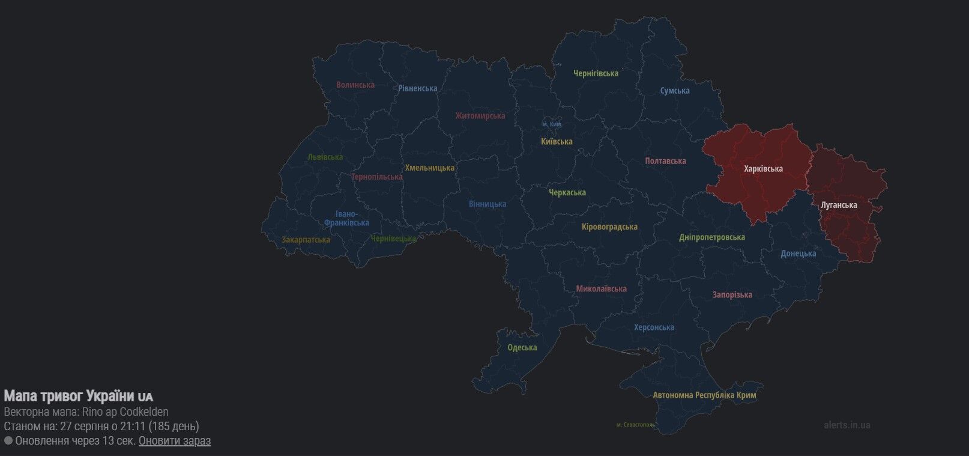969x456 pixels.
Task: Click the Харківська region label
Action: click(763, 169)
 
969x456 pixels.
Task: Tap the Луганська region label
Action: click(839, 205)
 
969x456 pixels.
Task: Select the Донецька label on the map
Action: click(798, 254)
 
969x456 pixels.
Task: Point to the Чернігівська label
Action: click(596, 73)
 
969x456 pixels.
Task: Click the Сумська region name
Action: click(674, 91)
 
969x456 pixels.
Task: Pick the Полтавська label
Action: click(665, 161)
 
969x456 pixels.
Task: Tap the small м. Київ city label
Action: click(551, 124)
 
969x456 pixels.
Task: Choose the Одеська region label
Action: click(522, 347)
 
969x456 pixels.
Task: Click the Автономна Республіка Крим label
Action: click(704, 395)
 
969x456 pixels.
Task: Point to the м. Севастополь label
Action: click(635, 425)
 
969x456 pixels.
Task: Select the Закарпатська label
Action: click(306, 240)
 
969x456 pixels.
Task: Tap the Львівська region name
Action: click(325, 157)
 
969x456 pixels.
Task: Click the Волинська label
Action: click(355, 85)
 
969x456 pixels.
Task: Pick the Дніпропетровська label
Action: click(711, 237)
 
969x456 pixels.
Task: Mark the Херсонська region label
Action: click(654, 327)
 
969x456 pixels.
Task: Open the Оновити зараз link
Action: click(174, 441)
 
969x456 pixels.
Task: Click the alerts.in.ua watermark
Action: click(847, 425)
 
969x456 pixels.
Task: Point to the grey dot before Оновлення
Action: click(8, 441)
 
